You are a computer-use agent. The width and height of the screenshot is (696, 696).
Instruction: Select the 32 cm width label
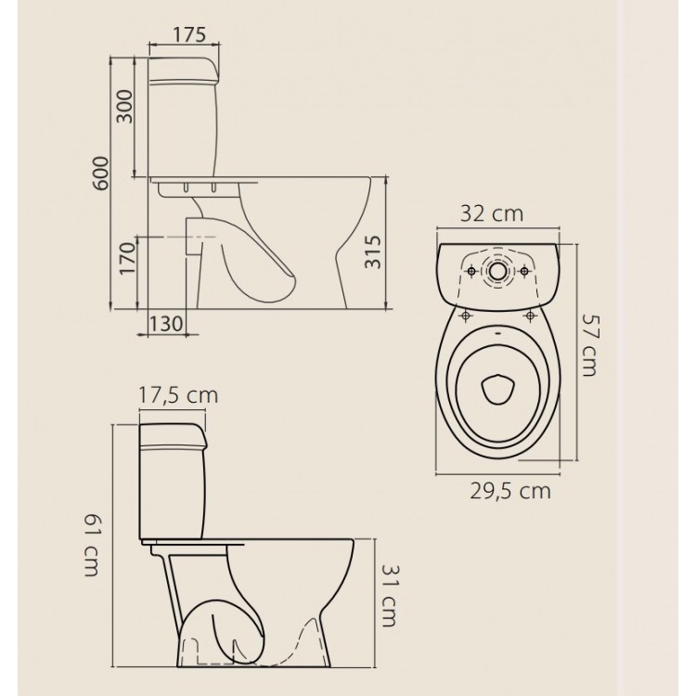point(492,214)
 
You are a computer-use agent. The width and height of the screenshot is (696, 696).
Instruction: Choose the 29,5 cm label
point(508,489)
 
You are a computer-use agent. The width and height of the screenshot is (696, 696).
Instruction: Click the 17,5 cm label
point(177,395)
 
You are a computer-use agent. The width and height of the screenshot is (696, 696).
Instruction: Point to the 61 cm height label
point(90,548)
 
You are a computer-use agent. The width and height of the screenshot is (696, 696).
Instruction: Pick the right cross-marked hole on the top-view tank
point(527,270)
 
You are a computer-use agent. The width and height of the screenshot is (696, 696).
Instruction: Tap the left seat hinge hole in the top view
point(463,316)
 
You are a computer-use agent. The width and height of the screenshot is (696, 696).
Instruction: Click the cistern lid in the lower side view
point(173,435)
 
